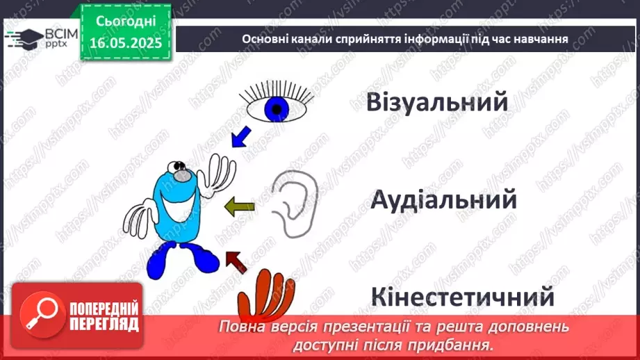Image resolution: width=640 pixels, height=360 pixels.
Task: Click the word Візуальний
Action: point(438,103)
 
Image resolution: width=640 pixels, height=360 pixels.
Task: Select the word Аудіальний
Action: point(443,200)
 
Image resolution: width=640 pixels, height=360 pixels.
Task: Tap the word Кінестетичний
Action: point(462,297)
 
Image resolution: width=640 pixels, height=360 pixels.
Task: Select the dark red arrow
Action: point(237,261)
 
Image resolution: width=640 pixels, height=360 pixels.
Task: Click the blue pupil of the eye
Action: point(279,108)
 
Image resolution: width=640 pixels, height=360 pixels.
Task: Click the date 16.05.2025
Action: point(126,43)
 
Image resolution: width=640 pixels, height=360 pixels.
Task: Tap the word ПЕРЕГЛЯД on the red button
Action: point(104,324)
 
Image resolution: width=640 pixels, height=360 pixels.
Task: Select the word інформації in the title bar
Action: point(404,40)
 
